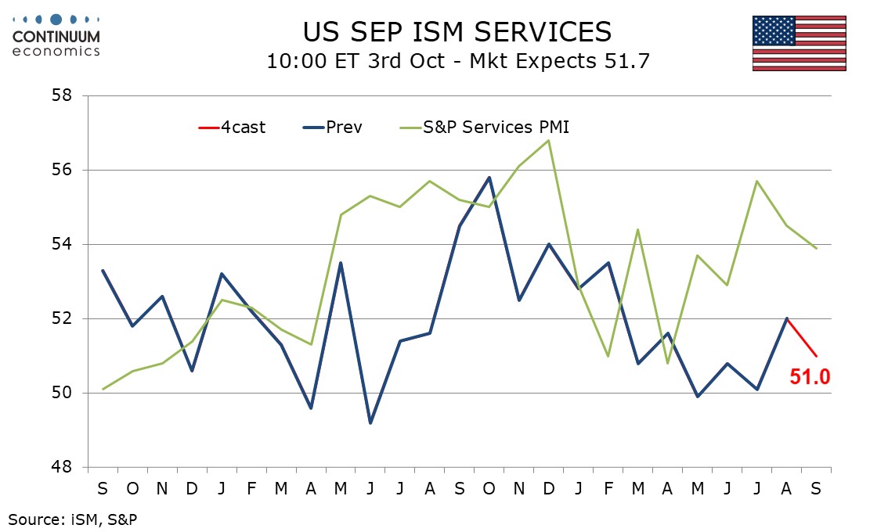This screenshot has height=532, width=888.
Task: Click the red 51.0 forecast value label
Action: pos(810,378)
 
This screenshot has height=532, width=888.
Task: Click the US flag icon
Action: pos(800,43)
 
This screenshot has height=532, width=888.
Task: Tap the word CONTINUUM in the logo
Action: pos(57,36)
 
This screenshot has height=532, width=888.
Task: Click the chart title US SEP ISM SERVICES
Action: pos(457,31)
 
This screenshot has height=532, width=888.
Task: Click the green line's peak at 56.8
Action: pos(549,140)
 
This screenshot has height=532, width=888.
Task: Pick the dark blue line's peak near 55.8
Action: pos(489,178)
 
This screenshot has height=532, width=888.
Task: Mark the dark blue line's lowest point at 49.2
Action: pos(370,422)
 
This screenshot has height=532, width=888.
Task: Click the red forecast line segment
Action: pos(802,337)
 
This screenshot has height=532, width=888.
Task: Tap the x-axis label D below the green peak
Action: pos(549,489)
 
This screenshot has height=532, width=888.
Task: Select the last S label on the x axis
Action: pos(817,489)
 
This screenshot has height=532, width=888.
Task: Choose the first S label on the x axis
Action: pos(103,489)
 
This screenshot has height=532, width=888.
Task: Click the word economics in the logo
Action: pos(57,51)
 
